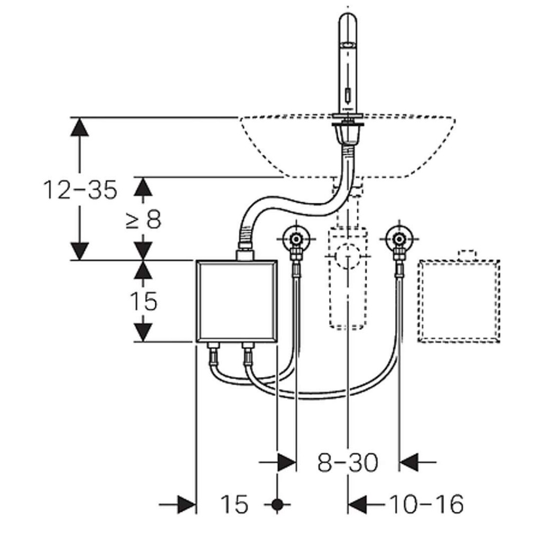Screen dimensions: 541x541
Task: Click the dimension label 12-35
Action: (x=80, y=190)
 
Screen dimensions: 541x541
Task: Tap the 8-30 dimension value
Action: (x=348, y=463)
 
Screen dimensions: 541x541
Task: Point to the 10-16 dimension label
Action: (x=426, y=505)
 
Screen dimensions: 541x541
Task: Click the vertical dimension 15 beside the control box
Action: (x=143, y=301)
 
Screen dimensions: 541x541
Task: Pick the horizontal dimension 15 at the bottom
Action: (x=234, y=505)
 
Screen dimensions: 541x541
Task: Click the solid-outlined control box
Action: (x=237, y=301)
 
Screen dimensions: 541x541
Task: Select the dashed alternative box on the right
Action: (x=459, y=301)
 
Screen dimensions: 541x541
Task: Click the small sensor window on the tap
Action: (x=347, y=96)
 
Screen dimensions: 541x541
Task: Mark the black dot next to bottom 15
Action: (x=277, y=505)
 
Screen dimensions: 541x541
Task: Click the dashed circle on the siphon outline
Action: (x=347, y=256)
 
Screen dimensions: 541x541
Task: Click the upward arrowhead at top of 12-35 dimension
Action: (x=80, y=127)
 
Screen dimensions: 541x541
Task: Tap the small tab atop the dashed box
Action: (x=467, y=254)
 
